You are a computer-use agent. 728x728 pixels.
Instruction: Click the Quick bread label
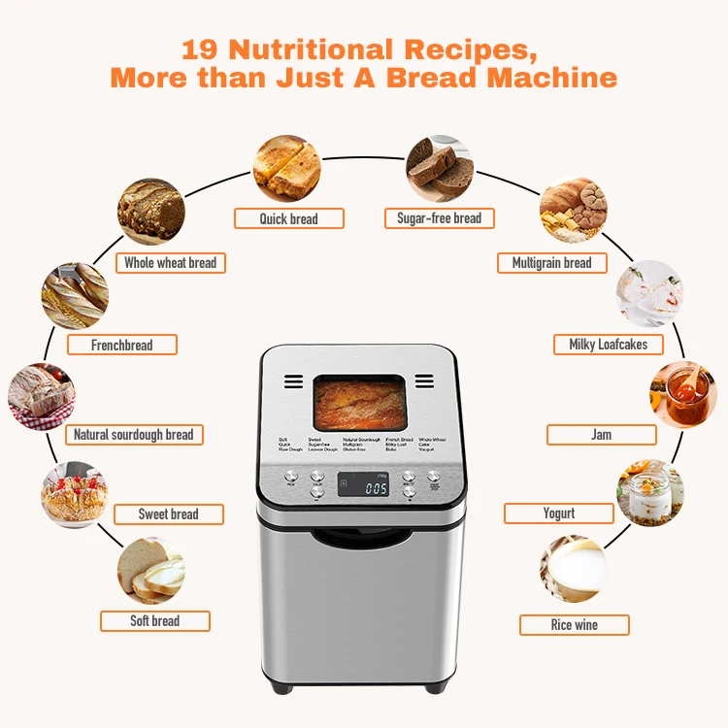288,218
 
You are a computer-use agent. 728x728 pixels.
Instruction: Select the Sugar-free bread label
439,218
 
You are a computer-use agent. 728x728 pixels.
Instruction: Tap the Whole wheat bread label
170,263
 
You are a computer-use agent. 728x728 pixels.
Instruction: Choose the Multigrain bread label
551,263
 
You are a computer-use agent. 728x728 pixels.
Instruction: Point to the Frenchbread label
121,345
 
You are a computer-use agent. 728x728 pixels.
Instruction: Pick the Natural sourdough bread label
133,435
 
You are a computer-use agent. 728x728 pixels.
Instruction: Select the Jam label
601,435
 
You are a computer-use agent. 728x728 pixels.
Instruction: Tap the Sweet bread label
168,514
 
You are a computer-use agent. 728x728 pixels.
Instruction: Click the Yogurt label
558,513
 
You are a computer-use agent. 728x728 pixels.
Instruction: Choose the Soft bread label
155,621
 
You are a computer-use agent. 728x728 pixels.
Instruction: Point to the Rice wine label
574,625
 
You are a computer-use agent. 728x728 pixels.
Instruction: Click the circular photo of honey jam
682,393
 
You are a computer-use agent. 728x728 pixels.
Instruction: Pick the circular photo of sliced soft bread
150,571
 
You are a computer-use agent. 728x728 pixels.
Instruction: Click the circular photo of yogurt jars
650,493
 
